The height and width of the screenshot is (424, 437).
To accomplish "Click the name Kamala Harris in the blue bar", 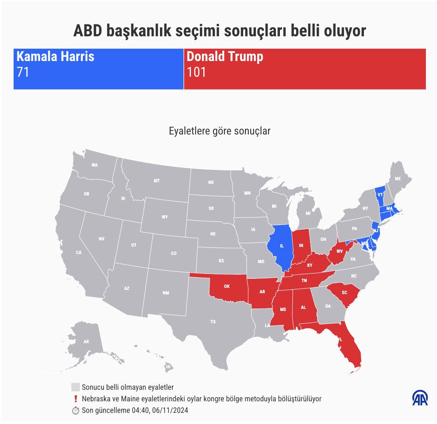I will pyautogui.click(x=55, y=57).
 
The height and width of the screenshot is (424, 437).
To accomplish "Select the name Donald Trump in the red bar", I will pyautogui.click(x=225, y=57).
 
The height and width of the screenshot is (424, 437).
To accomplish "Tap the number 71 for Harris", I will pyautogui.click(x=23, y=72).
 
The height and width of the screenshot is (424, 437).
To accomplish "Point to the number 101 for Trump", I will pyautogui.click(x=196, y=72).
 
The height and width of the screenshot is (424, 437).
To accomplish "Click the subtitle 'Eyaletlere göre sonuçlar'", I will pyautogui.click(x=220, y=131).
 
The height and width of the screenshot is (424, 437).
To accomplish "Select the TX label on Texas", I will pyautogui.click(x=213, y=321).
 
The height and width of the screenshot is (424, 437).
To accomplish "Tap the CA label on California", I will pyautogui.click(x=79, y=252).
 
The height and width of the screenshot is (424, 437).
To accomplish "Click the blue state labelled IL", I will pyautogui.click(x=282, y=246).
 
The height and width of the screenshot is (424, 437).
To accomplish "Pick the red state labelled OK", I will pyautogui.click(x=227, y=286).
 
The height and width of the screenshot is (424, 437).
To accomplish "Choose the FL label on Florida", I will pyautogui.click(x=340, y=339).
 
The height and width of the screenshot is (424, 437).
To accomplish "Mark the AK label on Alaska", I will pyautogui.click(x=86, y=342).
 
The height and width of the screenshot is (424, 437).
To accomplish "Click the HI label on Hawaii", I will pyautogui.click(x=168, y=366).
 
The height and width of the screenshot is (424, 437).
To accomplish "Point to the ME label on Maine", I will pyautogui.click(x=398, y=179).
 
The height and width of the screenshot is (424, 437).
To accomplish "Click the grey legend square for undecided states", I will pyautogui.click(x=75, y=387).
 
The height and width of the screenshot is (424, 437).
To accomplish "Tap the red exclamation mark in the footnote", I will pyautogui.click(x=75, y=399).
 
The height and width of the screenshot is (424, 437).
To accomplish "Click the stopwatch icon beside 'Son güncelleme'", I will pyautogui.click(x=75, y=410).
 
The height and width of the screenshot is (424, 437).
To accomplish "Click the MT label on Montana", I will pyautogui.click(x=157, y=181).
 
